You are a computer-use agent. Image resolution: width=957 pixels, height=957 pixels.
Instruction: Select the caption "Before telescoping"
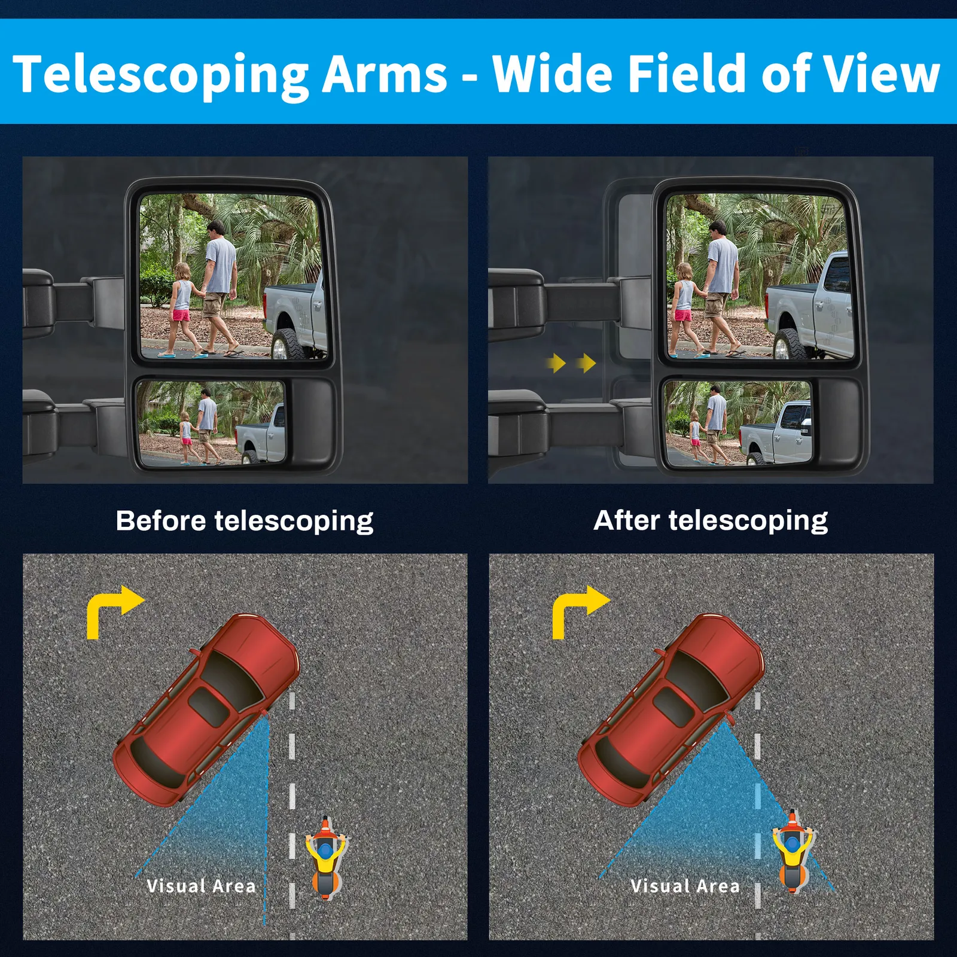pyautogui.click(x=245, y=521)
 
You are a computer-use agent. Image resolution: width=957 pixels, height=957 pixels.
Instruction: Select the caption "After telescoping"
pyautogui.click(x=711, y=521)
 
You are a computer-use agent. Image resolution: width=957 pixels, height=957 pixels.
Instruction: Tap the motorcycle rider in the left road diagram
pyautogui.click(x=325, y=857)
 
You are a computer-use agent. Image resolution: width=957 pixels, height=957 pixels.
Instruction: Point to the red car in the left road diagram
pyautogui.click(x=206, y=709)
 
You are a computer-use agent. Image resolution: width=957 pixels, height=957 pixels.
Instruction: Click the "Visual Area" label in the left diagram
pyautogui.click(x=201, y=886)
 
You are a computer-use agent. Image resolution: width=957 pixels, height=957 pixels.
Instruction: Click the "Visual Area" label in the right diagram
pyautogui.click(x=685, y=886)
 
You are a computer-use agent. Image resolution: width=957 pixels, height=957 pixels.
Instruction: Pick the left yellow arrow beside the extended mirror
pyautogui.click(x=556, y=362)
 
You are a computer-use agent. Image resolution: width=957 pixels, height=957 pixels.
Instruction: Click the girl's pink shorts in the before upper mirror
pyautogui.click(x=181, y=315)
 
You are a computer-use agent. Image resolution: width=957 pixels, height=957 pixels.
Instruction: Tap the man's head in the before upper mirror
pyautogui.click(x=216, y=229)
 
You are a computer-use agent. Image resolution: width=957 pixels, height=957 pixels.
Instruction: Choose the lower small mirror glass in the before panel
pyautogui.click(x=211, y=423)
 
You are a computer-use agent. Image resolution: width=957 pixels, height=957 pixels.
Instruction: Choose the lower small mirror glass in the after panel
pyautogui.click(x=738, y=423)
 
